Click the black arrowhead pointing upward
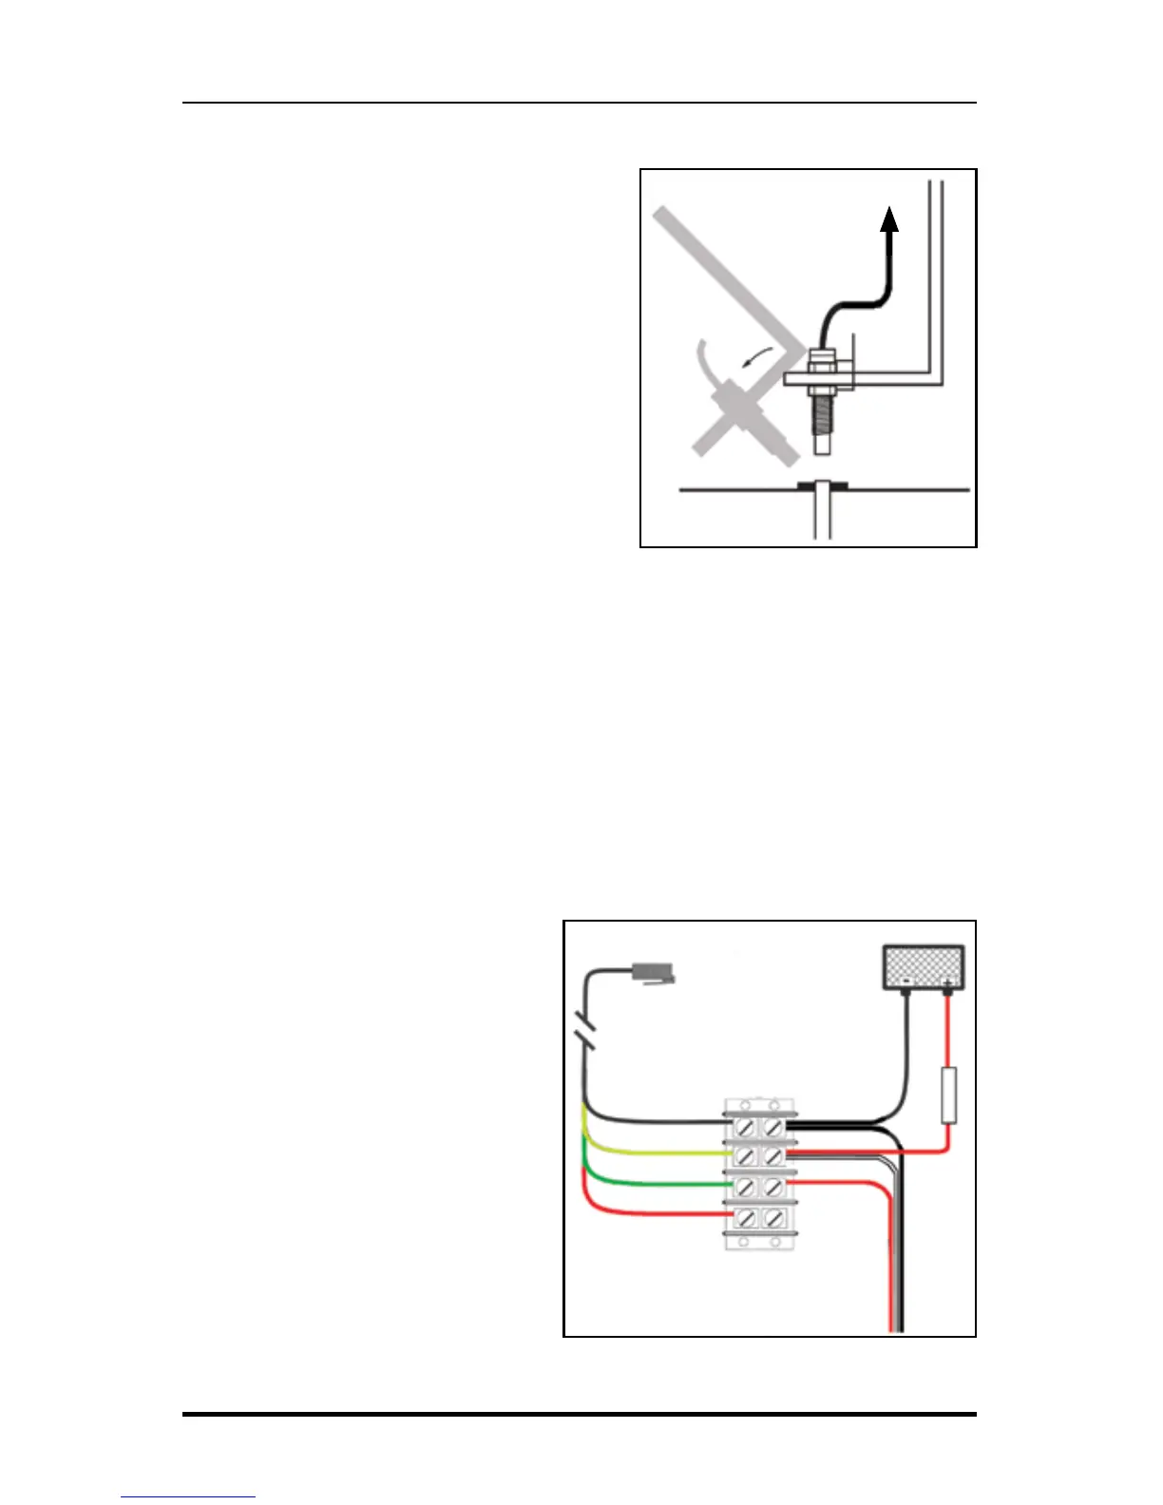[x=889, y=220]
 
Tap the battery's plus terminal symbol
[x=946, y=979]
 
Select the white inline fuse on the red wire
[x=947, y=1095]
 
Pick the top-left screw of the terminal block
[x=747, y=1128]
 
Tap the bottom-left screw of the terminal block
[x=747, y=1216]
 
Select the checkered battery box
[x=924, y=965]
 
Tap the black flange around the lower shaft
[x=823, y=486]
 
